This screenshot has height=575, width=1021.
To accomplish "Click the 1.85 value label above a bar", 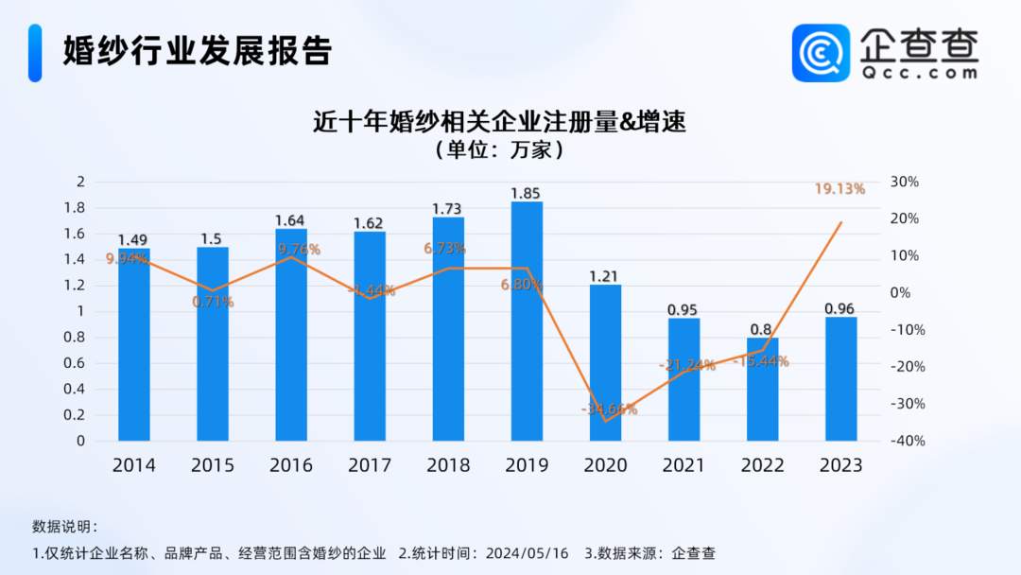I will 527,193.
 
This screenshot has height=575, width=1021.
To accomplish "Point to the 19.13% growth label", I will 839,189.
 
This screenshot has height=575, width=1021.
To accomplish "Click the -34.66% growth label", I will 609,409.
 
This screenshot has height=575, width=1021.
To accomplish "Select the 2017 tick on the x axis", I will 370,465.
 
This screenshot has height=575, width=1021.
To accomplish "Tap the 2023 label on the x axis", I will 840,465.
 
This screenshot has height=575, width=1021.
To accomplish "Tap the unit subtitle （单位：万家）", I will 498,150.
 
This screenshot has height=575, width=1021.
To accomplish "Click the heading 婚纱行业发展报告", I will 197,51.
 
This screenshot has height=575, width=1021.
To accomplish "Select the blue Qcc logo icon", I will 821,53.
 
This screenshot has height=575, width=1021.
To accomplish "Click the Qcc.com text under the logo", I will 919,72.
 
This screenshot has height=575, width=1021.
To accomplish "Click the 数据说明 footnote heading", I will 63,527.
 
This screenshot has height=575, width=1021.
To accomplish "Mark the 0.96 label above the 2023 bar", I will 840,308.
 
